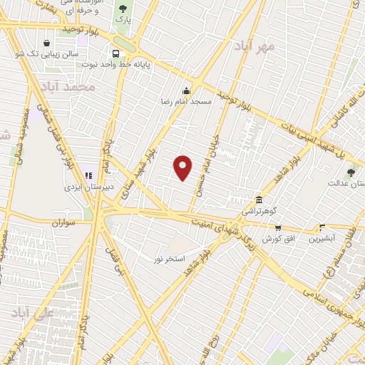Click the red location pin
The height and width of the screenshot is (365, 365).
tap(183, 168)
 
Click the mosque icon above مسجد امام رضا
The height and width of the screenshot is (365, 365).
tap(187, 91)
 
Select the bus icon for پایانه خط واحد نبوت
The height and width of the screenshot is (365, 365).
tap(116, 53)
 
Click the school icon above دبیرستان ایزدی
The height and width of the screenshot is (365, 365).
tap(88, 175)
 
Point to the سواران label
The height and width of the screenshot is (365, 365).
tap(63, 223)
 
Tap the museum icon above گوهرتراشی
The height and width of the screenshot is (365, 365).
tap(258, 199)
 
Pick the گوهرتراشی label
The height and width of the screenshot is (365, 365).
tap(257, 211)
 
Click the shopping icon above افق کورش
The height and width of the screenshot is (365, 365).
tap(277, 227)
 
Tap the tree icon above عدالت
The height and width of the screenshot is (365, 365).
tap(350, 172)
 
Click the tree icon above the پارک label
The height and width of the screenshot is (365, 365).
tap(123, 9)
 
